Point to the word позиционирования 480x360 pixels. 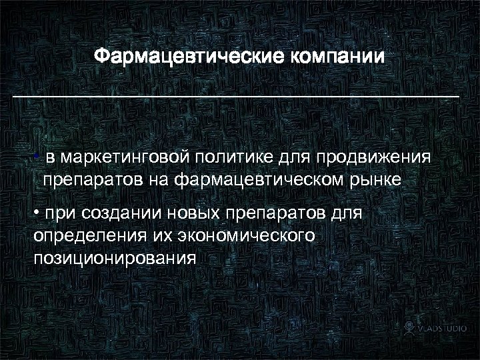click(114, 257)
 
